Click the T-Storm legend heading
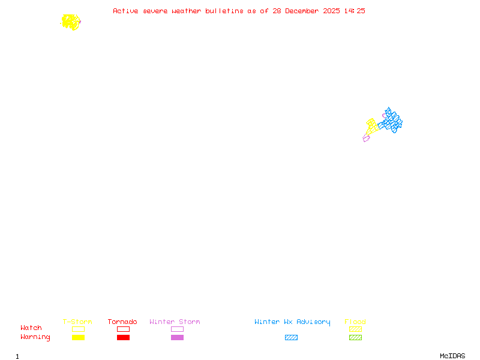pyautogui.click(x=77, y=322)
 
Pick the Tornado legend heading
pyautogui.click(x=122, y=322)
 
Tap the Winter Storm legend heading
pyautogui.click(x=175, y=322)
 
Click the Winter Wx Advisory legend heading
pyautogui.click(x=292, y=322)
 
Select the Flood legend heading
pyautogui.click(x=355, y=322)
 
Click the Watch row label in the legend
pyautogui.click(x=31, y=328)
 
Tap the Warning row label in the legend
pyautogui.click(x=35, y=337)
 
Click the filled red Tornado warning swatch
pyautogui.click(x=123, y=338)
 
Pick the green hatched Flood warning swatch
pyautogui.click(x=355, y=338)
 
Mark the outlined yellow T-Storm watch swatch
pyautogui.click(x=78, y=329)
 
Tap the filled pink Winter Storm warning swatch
pyautogui.click(x=177, y=338)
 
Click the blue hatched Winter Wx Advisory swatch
pyautogui.click(x=291, y=338)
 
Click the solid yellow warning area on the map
pyautogui.click(x=70, y=22)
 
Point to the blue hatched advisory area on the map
pyautogui.click(x=392, y=122)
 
